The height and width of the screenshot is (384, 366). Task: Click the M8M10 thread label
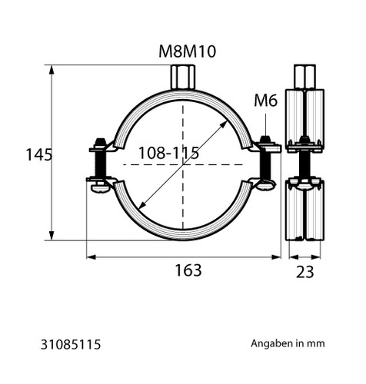point(188,51)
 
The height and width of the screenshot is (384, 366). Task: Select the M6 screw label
point(266,101)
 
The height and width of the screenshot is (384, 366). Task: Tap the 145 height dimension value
point(39,154)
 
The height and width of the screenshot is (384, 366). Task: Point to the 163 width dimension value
point(188,270)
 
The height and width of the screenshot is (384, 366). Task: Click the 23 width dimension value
point(304,272)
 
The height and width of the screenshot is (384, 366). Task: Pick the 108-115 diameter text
point(168,153)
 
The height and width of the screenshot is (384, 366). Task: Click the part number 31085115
point(71,344)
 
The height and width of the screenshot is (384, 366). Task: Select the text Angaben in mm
point(288,343)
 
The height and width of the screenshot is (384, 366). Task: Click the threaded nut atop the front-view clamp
point(183,77)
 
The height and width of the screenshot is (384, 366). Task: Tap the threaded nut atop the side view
point(304,77)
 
